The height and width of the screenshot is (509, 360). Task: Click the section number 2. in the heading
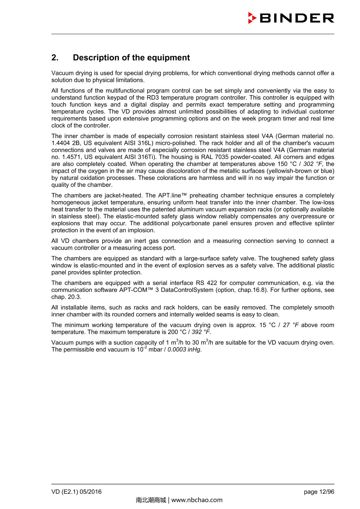pos(55,58)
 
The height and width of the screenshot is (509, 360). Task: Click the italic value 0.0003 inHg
pos(184,350)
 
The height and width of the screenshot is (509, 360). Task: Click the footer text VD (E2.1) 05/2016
pos(76,492)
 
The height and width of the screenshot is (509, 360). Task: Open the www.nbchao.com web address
pos(197,500)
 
